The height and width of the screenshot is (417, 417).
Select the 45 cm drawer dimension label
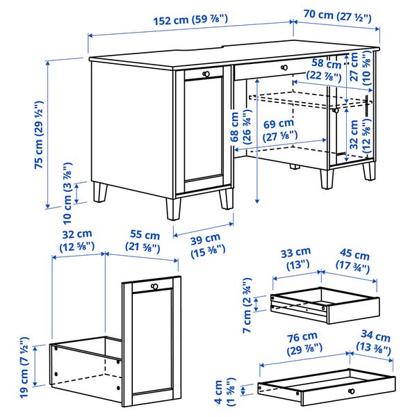pos(354,253)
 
